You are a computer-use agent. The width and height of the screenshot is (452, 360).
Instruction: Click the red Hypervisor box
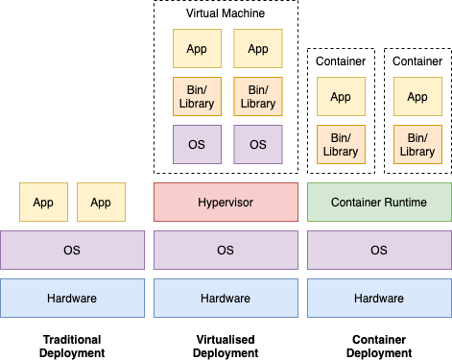(x=226, y=202)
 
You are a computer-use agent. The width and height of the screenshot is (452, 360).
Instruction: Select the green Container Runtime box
(x=379, y=202)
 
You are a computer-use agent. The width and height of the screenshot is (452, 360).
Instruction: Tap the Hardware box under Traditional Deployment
(x=72, y=298)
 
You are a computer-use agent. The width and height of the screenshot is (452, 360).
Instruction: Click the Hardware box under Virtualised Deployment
(x=226, y=298)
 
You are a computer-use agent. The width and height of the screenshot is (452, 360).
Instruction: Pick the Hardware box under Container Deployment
(x=379, y=298)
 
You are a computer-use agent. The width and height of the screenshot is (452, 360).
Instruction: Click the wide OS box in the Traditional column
(x=72, y=250)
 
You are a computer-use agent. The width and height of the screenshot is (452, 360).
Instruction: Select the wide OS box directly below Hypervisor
(x=226, y=250)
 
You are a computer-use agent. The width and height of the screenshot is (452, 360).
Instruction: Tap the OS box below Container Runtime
(x=379, y=250)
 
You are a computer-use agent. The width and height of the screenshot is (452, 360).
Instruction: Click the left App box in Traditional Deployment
(x=43, y=202)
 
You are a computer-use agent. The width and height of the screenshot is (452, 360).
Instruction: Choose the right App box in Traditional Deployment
(x=101, y=202)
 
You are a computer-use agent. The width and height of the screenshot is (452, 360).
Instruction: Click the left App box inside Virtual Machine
(x=197, y=48)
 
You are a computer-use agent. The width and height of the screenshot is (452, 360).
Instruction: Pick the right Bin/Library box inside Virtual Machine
(x=258, y=96)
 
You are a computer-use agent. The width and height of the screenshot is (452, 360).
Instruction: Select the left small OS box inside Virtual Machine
(x=197, y=144)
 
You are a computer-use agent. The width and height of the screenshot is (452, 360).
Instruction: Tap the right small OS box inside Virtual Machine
(x=258, y=144)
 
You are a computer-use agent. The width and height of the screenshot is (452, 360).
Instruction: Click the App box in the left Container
(x=341, y=96)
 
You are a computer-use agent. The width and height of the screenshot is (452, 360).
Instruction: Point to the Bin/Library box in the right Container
(x=417, y=144)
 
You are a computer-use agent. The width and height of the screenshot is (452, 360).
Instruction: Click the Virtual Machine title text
(x=226, y=14)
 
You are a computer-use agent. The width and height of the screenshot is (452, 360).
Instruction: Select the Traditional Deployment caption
(x=72, y=347)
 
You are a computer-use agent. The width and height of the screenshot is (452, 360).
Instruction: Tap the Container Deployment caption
(x=379, y=347)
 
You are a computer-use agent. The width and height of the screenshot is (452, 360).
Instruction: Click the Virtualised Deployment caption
(x=226, y=347)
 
